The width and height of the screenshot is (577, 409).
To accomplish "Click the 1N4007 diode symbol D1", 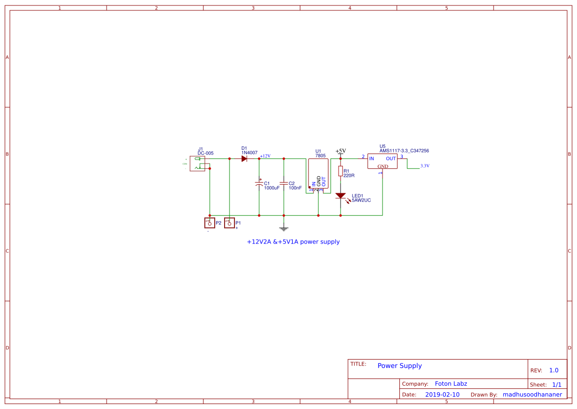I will (x=244, y=159).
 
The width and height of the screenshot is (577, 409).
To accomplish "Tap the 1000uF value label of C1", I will (x=271, y=188).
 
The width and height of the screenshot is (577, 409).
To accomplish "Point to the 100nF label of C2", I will (x=295, y=188).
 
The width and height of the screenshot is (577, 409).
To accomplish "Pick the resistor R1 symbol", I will (x=340, y=171).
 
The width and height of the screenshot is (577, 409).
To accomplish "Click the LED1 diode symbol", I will (x=340, y=196).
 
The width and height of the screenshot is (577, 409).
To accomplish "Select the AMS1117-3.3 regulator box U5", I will (x=382, y=162).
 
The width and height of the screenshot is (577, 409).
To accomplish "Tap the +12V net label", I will (x=265, y=156).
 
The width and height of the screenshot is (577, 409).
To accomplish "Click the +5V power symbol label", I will (x=341, y=151).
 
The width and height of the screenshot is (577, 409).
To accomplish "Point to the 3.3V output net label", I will (x=424, y=166).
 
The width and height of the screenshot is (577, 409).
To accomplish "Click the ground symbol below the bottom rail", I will (x=283, y=228).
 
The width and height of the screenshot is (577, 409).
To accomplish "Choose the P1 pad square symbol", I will (x=230, y=223).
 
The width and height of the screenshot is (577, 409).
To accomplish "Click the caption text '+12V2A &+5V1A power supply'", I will (x=293, y=242).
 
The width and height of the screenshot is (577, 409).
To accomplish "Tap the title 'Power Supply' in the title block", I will (x=399, y=366).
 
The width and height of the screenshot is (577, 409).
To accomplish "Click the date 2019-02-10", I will (x=442, y=395).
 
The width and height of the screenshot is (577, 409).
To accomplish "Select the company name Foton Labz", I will (x=451, y=384).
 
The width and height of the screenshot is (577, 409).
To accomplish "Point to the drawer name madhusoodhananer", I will (x=532, y=395).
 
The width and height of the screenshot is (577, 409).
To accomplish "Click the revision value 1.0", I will (x=553, y=370).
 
